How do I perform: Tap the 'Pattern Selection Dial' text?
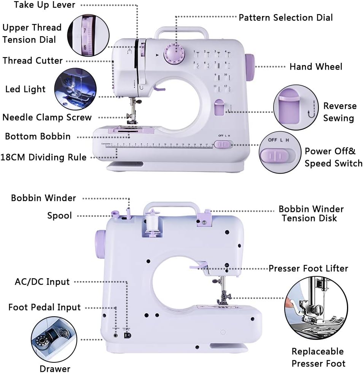[x=285, y=18]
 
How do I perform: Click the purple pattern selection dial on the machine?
[x=174, y=53]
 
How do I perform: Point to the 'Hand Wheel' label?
[x=316, y=67]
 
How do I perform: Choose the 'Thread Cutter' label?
[x=33, y=61]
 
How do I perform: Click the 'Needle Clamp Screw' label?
[x=47, y=117]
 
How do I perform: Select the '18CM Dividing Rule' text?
[x=43, y=157]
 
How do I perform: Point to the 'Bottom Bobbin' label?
[x=38, y=136]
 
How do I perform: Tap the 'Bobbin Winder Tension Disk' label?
[x=311, y=214]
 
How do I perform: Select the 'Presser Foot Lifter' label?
[x=308, y=268]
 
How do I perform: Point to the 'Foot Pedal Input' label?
[x=45, y=307]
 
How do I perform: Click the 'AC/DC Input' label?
[x=42, y=282]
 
